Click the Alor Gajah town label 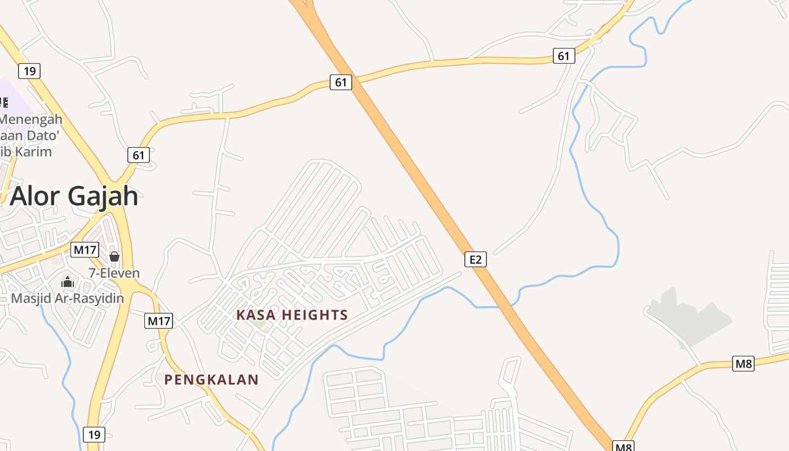74,196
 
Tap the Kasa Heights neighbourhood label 292,315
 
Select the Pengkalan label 211,380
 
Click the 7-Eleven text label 114,273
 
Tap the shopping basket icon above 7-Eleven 114,257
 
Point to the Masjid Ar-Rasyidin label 68,298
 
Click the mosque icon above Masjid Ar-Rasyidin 68,282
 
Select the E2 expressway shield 476,259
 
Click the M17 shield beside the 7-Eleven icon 85,250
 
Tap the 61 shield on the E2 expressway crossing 341,82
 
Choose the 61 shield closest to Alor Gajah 139,155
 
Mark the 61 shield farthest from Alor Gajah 564,56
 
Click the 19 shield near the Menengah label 29,71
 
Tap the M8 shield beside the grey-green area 743,364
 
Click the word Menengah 31,120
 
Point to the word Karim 35,152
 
